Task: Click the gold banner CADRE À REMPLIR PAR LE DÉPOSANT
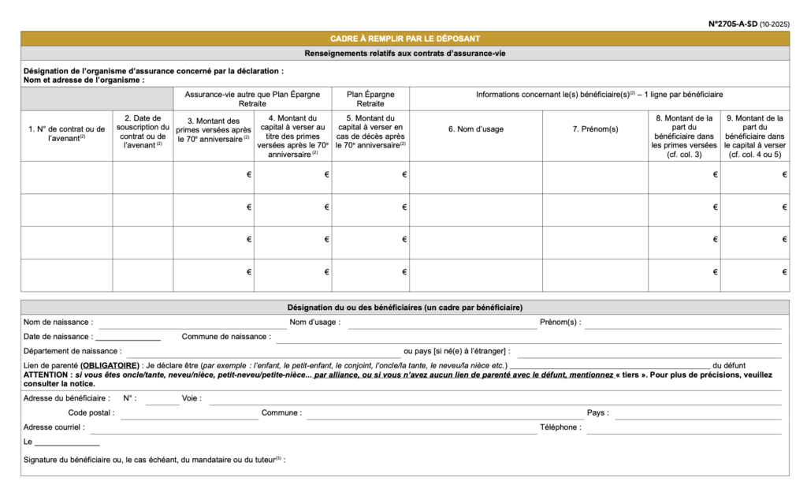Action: (x=405, y=39)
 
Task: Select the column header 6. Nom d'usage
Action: (x=475, y=129)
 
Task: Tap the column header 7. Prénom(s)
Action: (x=595, y=129)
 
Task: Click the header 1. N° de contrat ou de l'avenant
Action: (x=66, y=133)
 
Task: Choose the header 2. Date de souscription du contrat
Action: (x=143, y=131)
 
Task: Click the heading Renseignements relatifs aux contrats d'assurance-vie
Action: (x=405, y=54)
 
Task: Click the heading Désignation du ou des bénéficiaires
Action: (x=405, y=308)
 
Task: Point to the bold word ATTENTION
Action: (x=45, y=375)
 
